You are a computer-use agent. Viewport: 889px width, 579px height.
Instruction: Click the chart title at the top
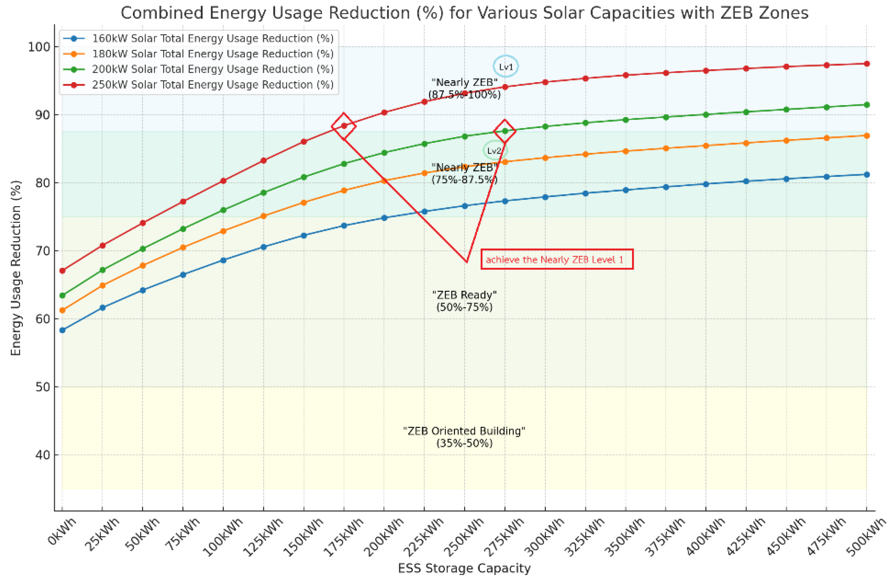click(464, 13)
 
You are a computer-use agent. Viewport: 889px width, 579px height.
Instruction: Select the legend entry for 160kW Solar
click(213, 38)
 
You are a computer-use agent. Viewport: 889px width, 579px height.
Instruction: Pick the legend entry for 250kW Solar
click(213, 85)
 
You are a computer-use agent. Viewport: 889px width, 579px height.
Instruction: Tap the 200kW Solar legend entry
click(213, 69)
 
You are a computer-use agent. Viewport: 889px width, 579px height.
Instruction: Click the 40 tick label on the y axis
click(41, 455)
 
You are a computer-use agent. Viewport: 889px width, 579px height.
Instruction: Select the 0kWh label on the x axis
click(62, 531)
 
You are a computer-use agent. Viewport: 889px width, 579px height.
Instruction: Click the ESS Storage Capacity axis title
click(464, 568)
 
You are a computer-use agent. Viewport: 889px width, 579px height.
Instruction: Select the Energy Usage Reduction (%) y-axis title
click(16, 268)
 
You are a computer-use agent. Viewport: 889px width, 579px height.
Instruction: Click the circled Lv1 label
click(506, 67)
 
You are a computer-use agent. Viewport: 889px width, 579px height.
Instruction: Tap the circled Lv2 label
click(494, 151)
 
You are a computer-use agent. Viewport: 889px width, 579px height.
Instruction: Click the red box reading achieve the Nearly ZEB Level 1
click(557, 259)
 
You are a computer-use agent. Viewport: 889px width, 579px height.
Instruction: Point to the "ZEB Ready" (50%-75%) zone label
click(464, 301)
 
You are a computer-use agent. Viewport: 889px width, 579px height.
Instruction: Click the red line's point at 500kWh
click(866, 64)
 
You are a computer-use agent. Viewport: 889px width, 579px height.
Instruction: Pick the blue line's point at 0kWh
click(62, 330)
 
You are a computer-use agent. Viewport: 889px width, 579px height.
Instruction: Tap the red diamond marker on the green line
click(505, 131)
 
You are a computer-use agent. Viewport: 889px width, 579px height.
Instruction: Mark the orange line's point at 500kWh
click(866, 135)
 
